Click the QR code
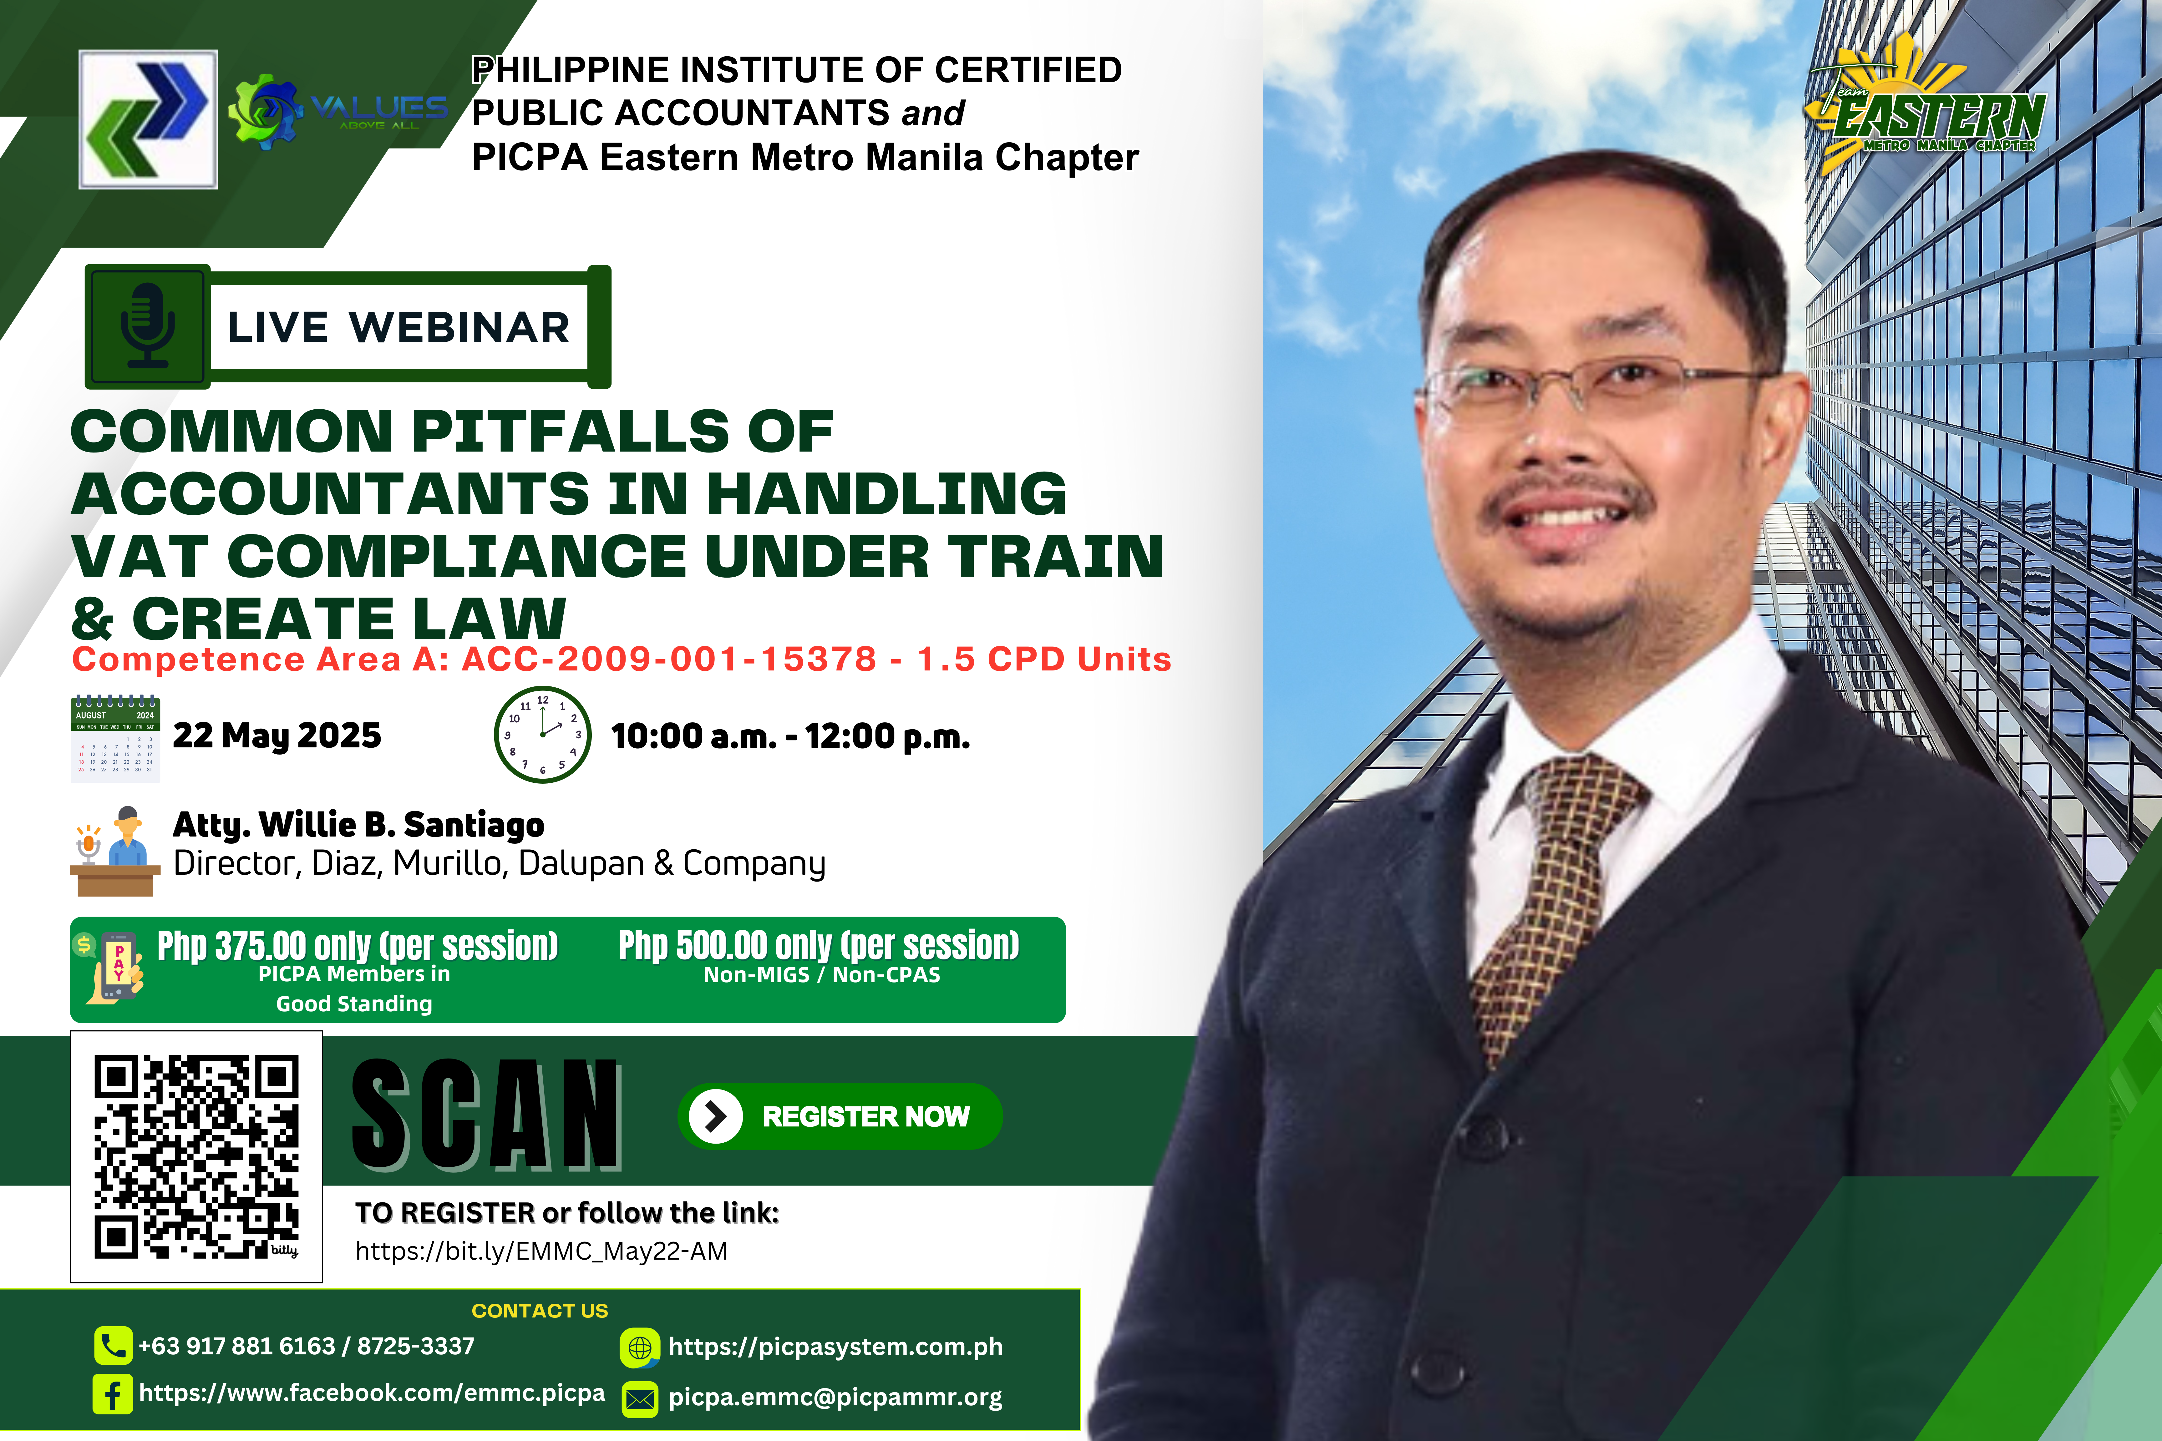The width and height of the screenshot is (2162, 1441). (197, 1157)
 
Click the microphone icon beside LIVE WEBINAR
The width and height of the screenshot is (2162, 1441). (147, 326)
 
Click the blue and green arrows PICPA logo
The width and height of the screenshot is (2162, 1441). (148, 119)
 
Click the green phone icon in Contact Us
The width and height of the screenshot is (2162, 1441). (113, 1346)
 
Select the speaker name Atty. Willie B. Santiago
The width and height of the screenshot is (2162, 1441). (358, 825)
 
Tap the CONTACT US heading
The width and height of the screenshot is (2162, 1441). (540, 1311)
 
